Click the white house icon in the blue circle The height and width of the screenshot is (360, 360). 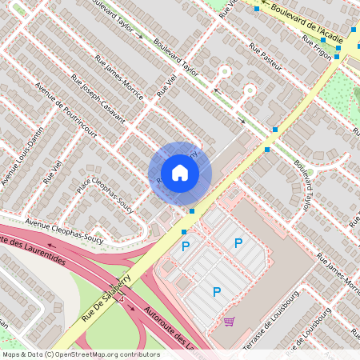tap(180, 173)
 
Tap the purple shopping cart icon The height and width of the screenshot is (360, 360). tap(230, 322)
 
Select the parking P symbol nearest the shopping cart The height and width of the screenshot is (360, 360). tap(216, 293)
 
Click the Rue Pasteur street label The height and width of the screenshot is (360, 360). tap(266, 61)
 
